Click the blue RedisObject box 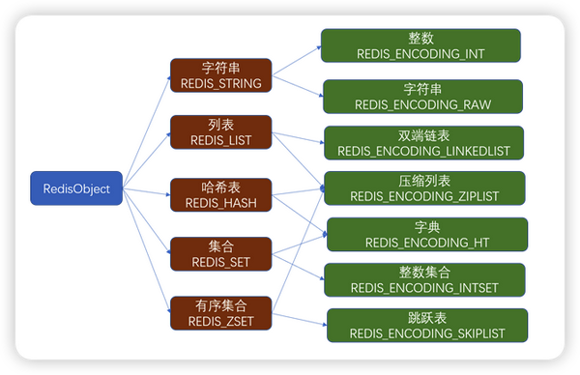pyautogui.click(x=76, y=187)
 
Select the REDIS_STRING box pyautogui.click(x=220, y=76)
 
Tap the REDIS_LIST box pyautogui.click(x=220, y=133)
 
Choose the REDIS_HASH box pyautogui.click(x=220, y=193)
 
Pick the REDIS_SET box pyautogui.click(x=220, y=253)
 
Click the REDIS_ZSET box pyautogui.click(x=220, y=312)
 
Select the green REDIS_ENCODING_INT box pyautogui.click(x=420, y=45)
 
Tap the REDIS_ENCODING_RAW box pyautogui.click(x=421, y=96)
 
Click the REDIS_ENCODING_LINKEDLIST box pyautogui.click(x=423, y=142)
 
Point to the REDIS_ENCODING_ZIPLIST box pyautogui.click(x=424, y=188)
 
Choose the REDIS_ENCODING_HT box pyautogui.click(x=426, y=235)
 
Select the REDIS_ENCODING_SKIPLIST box pyautogui.click(x=427, y=326)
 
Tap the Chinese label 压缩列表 pyautogui.click(x=424, y=181)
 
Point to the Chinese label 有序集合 pyautogui.click(x=220, y=305)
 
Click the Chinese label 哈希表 pyautogui.click(x=220, y=187)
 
